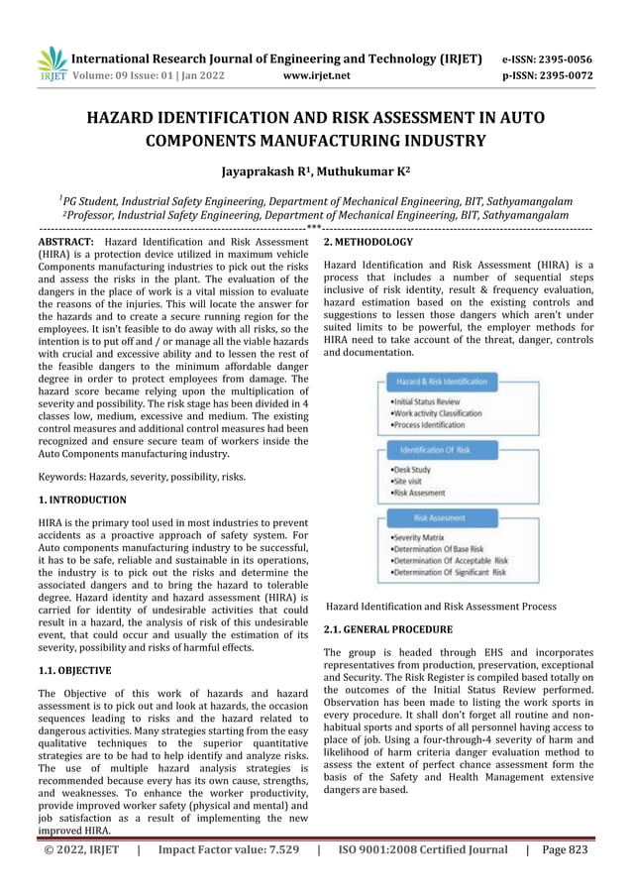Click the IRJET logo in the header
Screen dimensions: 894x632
click(x=52, y=62)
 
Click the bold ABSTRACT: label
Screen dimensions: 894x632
click(x=65, y=242)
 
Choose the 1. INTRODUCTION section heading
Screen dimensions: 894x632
click(x=81, y=501)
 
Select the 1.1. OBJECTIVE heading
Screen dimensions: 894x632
click(x=75, y=670)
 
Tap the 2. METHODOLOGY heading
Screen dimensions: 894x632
click(x=369, y=242)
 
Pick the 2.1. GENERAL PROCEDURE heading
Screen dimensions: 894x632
click(x=388, y=629)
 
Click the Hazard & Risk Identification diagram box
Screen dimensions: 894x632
click(x=441, y=382)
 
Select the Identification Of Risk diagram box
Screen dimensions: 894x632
click(x=441, y=450)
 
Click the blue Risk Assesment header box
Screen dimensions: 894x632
click(x=441, y=518)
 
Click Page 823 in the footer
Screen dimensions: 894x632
click(x=568, y=876)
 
